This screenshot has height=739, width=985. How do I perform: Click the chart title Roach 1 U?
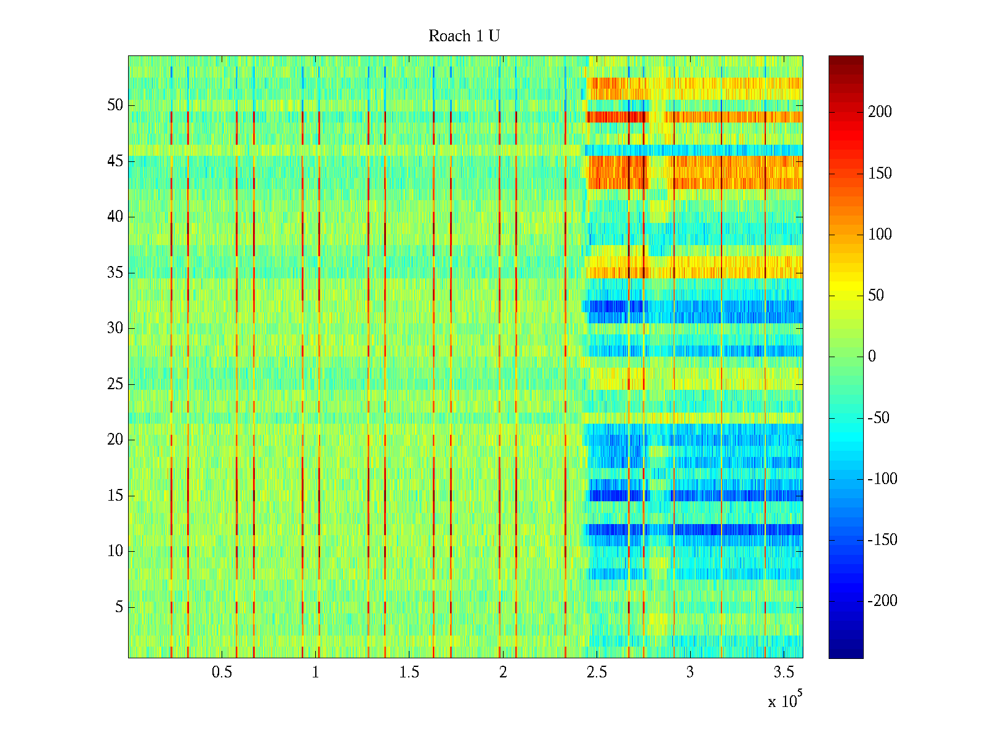(x=464, y=36)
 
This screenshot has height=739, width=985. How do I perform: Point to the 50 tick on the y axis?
(x=115, y=105)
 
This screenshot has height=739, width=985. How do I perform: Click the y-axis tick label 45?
(x=115, y=161)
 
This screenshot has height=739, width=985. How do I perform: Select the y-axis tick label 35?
(x=115, y=272)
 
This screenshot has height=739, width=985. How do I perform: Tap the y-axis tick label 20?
(x=115, y=440)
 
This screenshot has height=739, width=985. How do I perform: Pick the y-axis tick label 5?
(x=119, y=607)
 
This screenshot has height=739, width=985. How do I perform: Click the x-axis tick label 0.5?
(x=222, y=672)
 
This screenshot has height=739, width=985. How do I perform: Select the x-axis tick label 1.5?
(x=409, y=672)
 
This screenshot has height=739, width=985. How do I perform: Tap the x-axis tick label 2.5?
(x=597, y=672)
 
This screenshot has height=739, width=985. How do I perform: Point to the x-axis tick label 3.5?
(x=784, y=672)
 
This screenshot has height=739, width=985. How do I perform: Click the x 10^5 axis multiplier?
(x=785, y=700)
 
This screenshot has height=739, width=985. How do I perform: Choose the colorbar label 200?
(x=880, y=112)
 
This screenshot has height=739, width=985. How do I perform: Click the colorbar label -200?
(x=883, y=601)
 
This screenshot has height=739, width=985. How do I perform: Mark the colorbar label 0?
(x=872, y=357)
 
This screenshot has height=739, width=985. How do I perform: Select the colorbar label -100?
(x=883, y=479)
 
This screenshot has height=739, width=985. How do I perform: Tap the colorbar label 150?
(x=880, y=174)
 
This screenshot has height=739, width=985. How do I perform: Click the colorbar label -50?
(x=879, y=418)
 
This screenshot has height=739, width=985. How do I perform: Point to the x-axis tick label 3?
(x=690, y=672)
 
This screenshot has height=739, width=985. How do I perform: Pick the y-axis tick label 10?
(x=115, y=551)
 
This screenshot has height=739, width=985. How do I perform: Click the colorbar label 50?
(x=876, y=296)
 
